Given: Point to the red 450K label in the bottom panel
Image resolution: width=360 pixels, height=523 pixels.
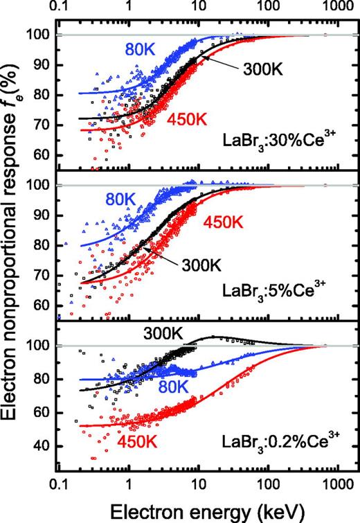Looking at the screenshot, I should [x=141, y=441].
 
